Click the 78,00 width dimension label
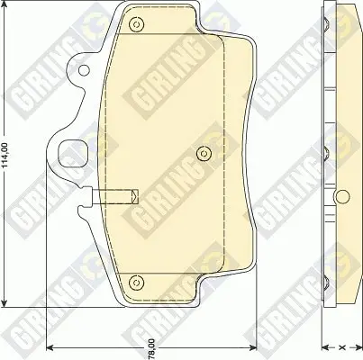point(152,348)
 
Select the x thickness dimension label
point(341,347)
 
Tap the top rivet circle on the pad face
point(137,24)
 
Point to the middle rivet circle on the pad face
point(204,154)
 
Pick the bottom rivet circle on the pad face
point(137,282)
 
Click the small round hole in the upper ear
point(84,70)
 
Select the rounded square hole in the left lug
point(73,155)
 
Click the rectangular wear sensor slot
point(114,196)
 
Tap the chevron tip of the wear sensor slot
point(137,196)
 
